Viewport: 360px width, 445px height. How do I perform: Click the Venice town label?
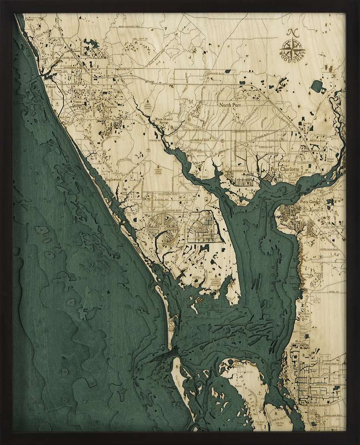pos(50,86)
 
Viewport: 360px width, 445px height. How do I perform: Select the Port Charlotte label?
pos(284,169)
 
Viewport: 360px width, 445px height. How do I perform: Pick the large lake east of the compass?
pos(318,86)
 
